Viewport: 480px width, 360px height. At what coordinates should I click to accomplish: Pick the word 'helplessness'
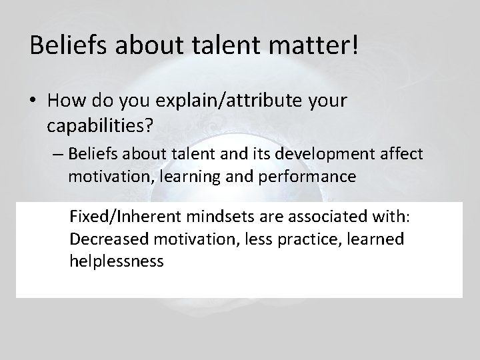click(x=116, y=260)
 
